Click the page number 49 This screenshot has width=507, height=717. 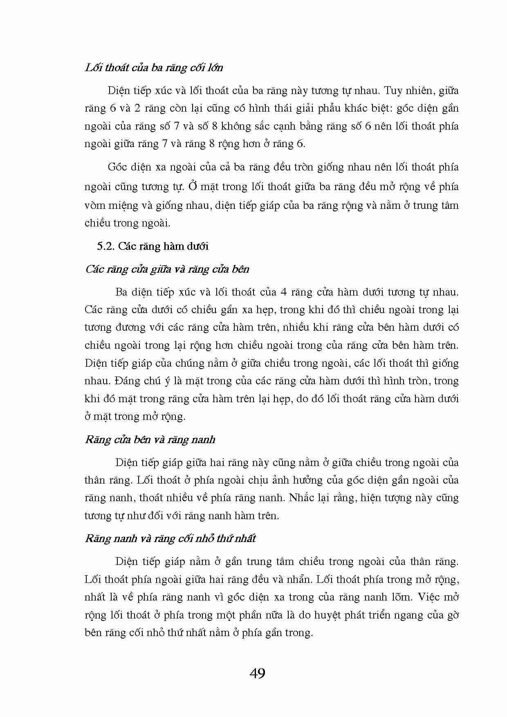[x=257, y=673]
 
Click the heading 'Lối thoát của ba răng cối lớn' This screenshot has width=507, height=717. [x=154, y=67]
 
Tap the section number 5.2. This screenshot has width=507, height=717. [x=106, y=246]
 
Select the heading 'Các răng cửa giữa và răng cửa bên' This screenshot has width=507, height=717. [x=167, y=269]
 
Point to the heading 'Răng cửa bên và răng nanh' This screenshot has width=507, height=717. [x=150, y=439]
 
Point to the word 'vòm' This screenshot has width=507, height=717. [x=95, y=205]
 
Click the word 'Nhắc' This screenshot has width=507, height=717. [x=301, y=497]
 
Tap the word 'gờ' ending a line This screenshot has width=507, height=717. [x=452, y=615]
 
